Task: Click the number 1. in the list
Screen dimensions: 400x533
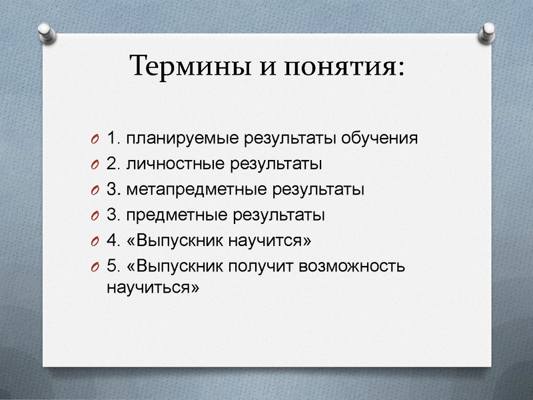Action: pyautogui.click(x=113, y=139)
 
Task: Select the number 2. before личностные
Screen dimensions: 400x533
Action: pyautogui.click(x=113, y=164)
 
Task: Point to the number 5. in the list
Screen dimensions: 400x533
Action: pyautogui.click(x=113, y=266)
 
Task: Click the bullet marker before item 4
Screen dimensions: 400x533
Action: pyautogui.click(x=93, y=241)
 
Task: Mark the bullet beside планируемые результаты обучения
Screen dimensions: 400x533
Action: pyautogui.click(x=93, y=139)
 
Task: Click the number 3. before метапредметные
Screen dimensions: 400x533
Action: pyautogui.click(x=113, y=189)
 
